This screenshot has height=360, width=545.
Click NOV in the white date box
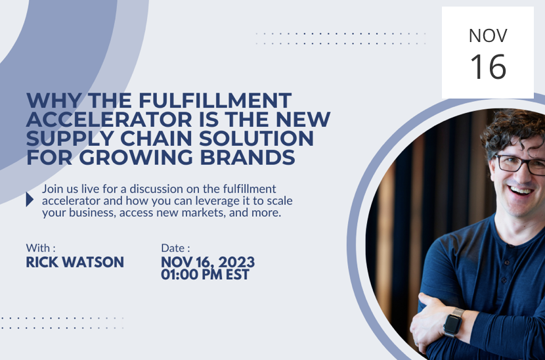click(x=488, y=35)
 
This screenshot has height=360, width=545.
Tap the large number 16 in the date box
click(x=488, y=66)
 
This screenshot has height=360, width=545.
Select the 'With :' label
click(x=41, y=248)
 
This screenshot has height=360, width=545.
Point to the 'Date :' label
click(x=175, y=248)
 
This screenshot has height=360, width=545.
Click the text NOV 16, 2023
click(x=207, y=263)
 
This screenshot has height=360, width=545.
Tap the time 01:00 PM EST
click(x=205, y=275)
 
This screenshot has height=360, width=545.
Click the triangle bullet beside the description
click(x=30, y=200)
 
